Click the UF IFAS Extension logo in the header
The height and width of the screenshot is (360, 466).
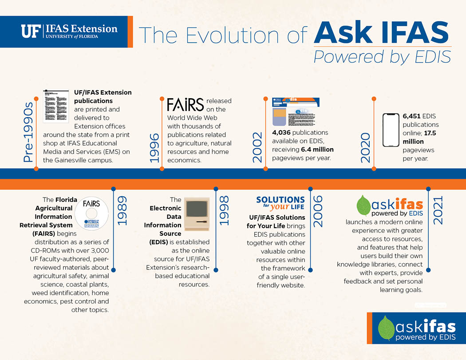(x=69, y=31)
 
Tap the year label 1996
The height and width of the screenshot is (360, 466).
(x=154, y=148)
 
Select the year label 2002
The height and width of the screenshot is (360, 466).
(x=257, y=147)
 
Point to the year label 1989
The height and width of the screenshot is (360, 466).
(x=122, y=210)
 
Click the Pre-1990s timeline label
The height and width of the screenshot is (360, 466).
(x=28, y=132)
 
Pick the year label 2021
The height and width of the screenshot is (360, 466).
(x=438, y=210)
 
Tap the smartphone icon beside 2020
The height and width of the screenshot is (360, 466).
(x=391, y=130)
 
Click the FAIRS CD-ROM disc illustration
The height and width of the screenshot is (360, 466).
(x=91, y=214)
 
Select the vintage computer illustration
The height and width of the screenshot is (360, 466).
(x=197, y=214)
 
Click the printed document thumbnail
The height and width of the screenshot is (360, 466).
(x=56, y=106)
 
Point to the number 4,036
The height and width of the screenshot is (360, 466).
(x=281, y=132)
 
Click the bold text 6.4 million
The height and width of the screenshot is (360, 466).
(x=317, y=149)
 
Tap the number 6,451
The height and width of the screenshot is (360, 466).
(x=411, y=116)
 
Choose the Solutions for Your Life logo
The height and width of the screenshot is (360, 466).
(x=280, y=203)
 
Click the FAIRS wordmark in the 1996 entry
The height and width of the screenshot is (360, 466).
(x=186, y=105)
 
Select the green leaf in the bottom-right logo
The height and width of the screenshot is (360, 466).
(x=386, y=328)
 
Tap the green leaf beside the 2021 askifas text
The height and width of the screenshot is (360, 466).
(x=363, y=206)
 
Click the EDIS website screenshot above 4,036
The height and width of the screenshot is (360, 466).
(x=296, y=111)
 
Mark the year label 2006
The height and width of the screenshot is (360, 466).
(x=318, y=211)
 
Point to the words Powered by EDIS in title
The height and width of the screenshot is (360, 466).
(x=382, y=57)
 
